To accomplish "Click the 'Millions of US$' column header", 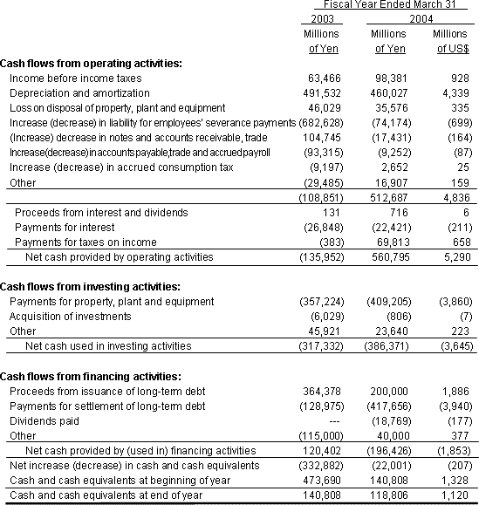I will pos(449,41).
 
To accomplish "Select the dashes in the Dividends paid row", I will pos(332,421).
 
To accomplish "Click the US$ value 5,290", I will pos(452,256).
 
